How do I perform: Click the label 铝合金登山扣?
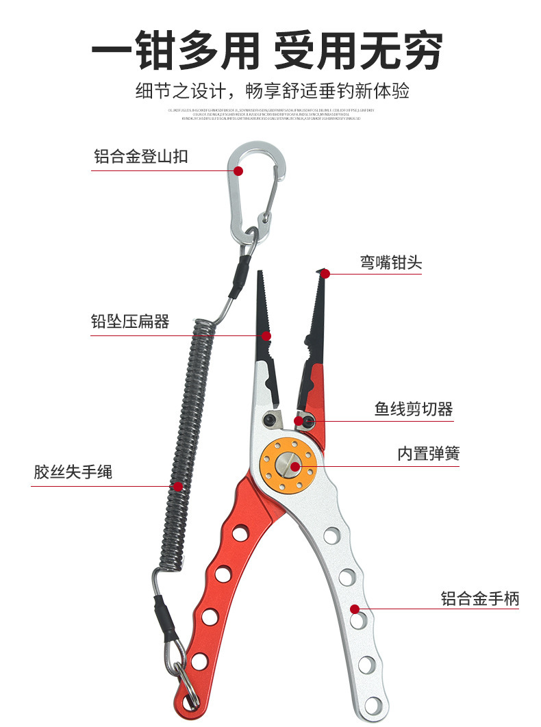coord(140,157)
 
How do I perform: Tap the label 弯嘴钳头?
coord(391,262)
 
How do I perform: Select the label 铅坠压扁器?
coord(130,321)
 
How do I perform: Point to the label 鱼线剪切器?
coord(414,409)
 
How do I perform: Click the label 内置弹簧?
coord(429,453)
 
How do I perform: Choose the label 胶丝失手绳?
coord(73,472)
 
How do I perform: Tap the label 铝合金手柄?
coord(479,599)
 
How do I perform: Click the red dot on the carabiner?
coord(238,170)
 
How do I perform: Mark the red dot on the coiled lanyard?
coord(177,487)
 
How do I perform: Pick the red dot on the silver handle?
coord(355,609)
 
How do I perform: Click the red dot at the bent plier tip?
coord(325,274)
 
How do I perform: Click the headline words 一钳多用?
coord(175,50)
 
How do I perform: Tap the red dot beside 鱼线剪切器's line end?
coord(299,420)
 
